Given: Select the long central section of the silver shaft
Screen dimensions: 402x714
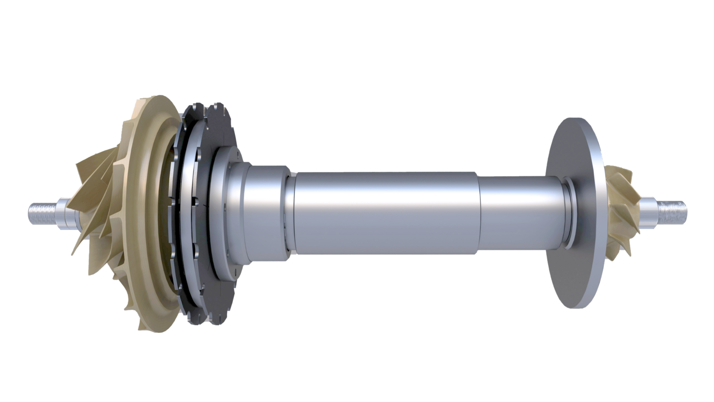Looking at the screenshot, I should [386, 212].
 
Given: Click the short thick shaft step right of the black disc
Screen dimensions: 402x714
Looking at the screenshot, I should [267, 209].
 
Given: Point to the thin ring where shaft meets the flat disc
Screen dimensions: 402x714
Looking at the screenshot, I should [566, 212].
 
